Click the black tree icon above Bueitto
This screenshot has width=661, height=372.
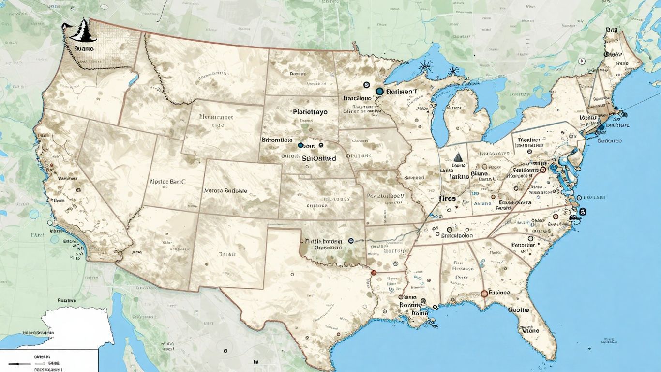83,31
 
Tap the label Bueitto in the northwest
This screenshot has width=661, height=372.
85,49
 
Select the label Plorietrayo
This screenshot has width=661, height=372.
310,112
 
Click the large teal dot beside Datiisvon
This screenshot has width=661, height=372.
380,91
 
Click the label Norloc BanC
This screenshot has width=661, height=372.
168,182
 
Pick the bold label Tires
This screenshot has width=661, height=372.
448,198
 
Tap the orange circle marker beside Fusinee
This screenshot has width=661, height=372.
484,294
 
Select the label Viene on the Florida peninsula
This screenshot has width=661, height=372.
530,331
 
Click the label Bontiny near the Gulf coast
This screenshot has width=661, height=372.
411,305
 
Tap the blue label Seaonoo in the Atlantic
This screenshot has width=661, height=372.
609,141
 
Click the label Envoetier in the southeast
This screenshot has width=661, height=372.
523,245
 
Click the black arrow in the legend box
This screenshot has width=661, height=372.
15,363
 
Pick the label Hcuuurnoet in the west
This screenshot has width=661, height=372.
216,117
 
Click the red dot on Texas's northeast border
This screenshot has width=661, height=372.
373,273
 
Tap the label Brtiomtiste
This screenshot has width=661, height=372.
277,139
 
